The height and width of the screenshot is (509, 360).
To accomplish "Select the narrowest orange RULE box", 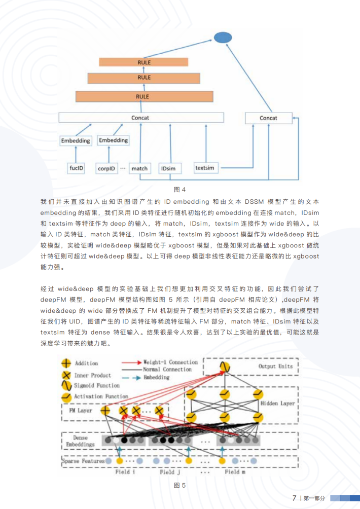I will point(143,62).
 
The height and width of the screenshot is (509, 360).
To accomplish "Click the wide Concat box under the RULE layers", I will point(141,118).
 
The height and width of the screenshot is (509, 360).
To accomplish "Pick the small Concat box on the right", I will point(268,118).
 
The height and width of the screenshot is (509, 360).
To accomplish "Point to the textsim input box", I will point(205,167).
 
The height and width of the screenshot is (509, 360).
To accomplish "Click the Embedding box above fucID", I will point(76,140).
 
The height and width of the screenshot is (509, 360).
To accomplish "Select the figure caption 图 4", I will point(180,190).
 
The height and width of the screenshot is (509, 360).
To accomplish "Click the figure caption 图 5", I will point(180,485).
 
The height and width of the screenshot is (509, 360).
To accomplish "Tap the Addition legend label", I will point(86,363).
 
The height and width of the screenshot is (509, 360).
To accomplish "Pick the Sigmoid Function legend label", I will point(96,386).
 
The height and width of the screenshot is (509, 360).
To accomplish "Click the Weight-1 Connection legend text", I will point(170,362).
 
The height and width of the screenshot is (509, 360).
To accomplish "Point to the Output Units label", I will point(275,366).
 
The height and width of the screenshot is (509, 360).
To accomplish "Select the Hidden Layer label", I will point(277,404).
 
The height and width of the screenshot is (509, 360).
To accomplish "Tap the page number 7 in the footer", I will point(294,498).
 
